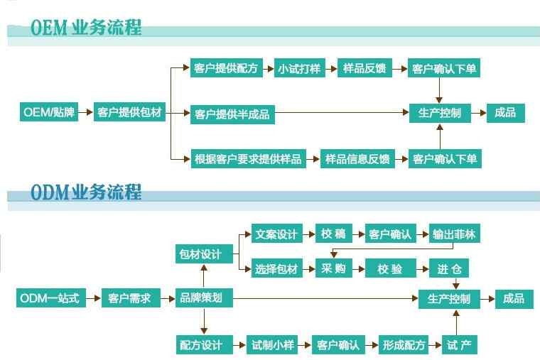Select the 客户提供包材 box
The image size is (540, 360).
pyautogui.click(x=129, y=112)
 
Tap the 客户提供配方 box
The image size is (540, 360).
pyautogui.click(x=225, y=69)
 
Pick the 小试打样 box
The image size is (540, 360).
pyautogui.click(x=299, y=69)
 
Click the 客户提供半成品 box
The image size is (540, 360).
pyautogui.click(x=232, y=114)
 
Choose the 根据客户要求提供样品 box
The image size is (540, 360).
pyautogui.click(x=248, y=158)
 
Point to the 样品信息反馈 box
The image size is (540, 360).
pyautogui.click(x=357, y=158)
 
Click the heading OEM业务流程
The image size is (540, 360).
pyautogui.click(x=86, y=28)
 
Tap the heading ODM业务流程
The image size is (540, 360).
pyautogui.click(x=86, y=192)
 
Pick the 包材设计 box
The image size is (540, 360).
pyautogui.click(x=200, y=253)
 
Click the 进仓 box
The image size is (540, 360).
pyautogui.click(x=450, y=268)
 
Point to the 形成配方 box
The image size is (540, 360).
pyautogui.click(x=403, y=345)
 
